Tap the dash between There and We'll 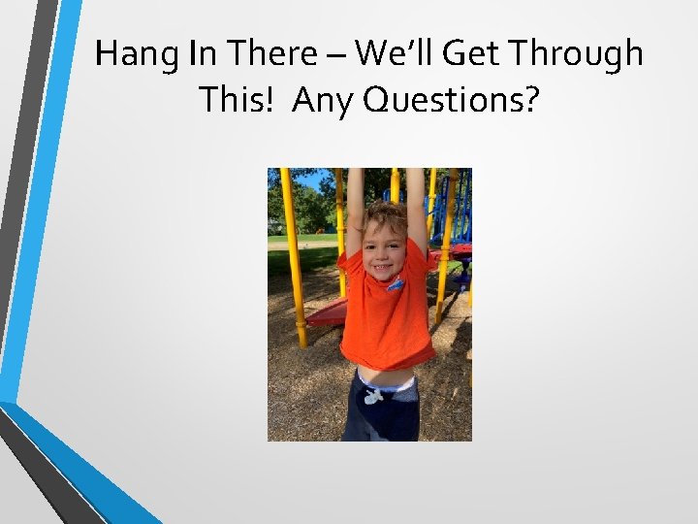tap(337, 56)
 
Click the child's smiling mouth tap(383, 265)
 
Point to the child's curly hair tap(385, 215)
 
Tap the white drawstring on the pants tap(373, 395)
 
